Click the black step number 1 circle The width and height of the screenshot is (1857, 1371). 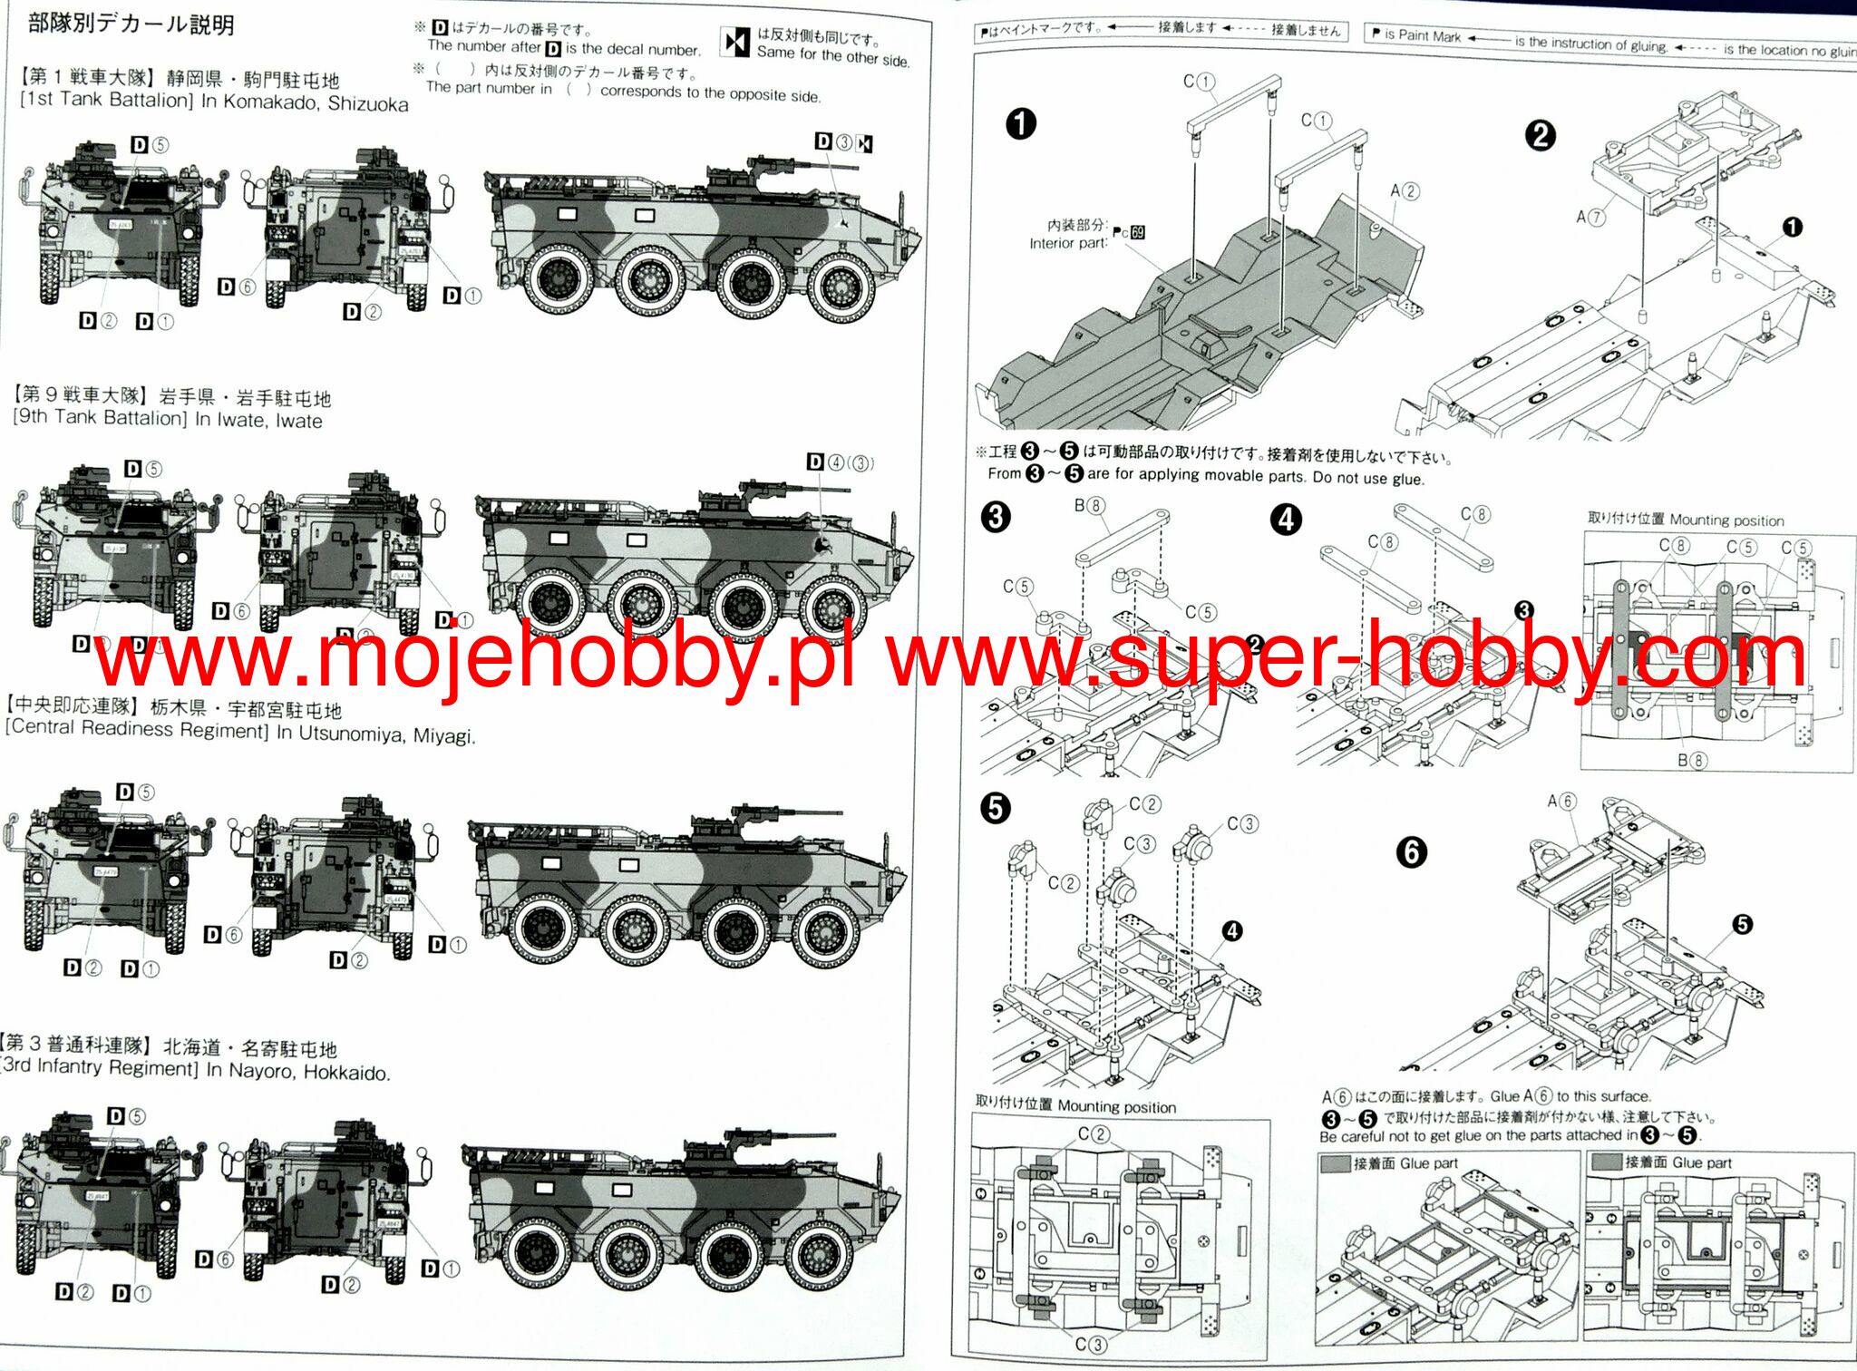pyautogui.click(x=1021, y=123)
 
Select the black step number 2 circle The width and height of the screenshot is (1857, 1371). pyautogui.click(x=1540, y=136)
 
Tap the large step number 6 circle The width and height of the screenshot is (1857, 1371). pyautogui.click(x=1411, y=851)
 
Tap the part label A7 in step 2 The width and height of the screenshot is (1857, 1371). pyautogui.click(x=1590, y=217)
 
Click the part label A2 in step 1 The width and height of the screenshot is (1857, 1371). pyautogui.click(x=1405, y=191)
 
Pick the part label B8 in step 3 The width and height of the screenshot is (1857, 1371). pyautogui.click(x=1089, y=505)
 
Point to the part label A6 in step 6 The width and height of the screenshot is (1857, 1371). pyautogui.click(x=1561, y=802)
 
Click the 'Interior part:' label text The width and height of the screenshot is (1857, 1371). pyautogui.click(x=1068, y=243)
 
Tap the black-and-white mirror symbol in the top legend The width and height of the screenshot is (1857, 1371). pyautogui.click(x=735, y=42)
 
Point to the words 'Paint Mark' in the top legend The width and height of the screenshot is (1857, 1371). pyautogui.click(x=1429, y=35)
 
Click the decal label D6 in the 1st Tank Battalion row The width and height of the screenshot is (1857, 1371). pyautogui.click(x=237, y=287)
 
